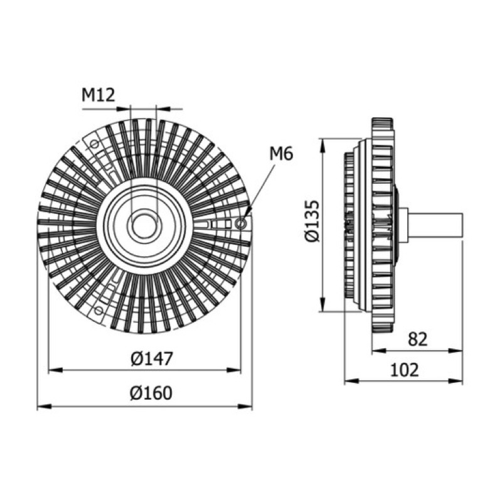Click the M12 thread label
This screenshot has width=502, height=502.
[x=99, y=95]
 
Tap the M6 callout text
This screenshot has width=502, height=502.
[x=281, y=154]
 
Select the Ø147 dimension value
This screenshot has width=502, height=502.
[x=152, y=358]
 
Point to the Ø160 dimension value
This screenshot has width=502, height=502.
[x=151, y=393]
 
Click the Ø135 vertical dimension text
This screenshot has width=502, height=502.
[x=312, y=222]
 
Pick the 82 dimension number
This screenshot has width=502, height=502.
[x=418, y=339]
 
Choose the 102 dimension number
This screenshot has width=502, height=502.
[x=404, y=370]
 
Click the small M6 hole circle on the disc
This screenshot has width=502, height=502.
[x=242, y=223]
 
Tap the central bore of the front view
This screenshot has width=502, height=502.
[x=144, y=226]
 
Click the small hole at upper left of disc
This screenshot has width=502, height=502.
[x=94, y=144]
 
